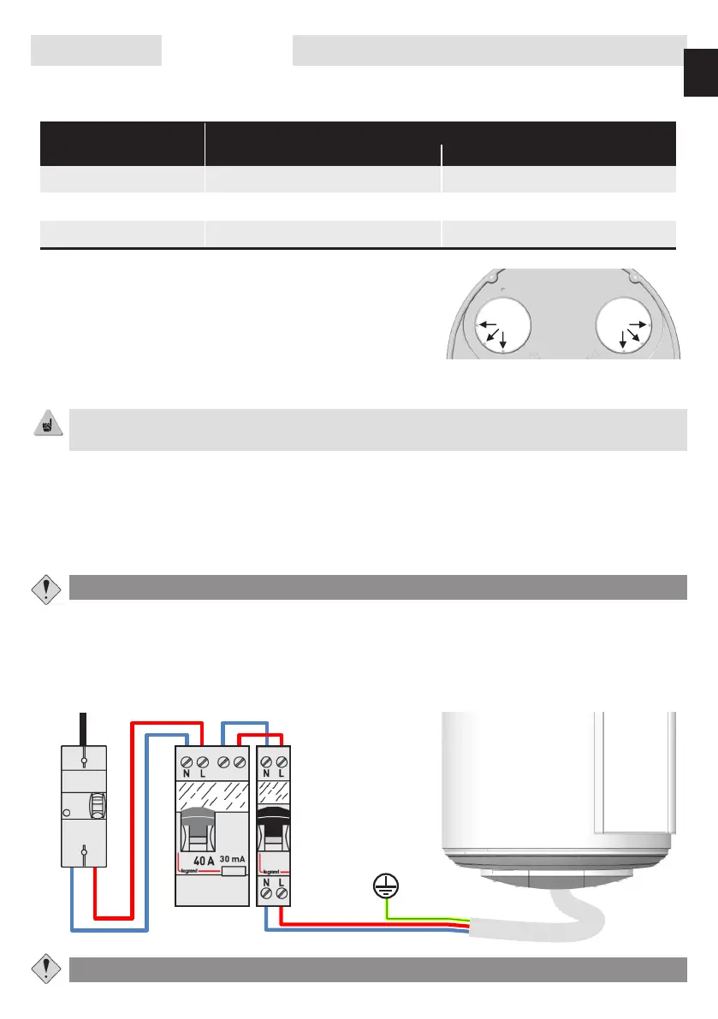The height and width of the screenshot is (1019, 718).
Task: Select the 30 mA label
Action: pos(229,857)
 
